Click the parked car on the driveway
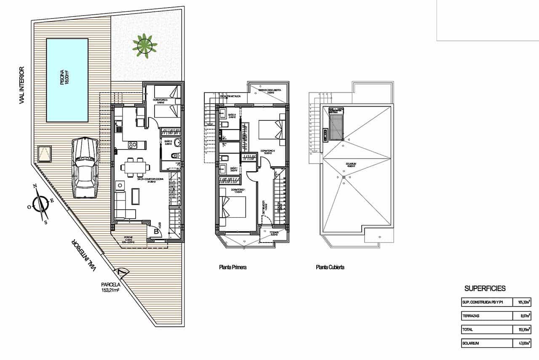(x=85, y=168)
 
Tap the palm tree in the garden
(x=144, y=45)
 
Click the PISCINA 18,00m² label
(x=64, y=78)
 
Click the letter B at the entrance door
(x=156, y=231)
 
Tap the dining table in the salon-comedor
(x=134, y=167)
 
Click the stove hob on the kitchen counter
(x=133, y=145)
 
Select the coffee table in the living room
(x=136, y=196)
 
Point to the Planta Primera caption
(x=232, y=267)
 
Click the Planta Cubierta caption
(x=330, y=267)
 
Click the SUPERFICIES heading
(x=485, y=288)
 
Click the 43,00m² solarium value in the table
(x=524, y=343)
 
